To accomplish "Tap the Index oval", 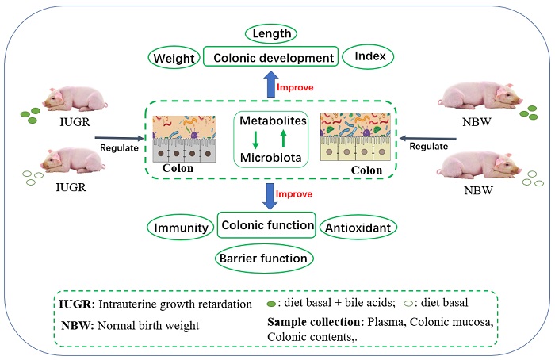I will click(369, 59).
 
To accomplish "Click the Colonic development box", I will click(270, 59).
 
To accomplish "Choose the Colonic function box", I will click(266, 226).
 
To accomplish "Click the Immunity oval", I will click(182, 228).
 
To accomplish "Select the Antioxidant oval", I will click(358, 228).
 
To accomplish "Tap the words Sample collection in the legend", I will click(305, 324).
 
